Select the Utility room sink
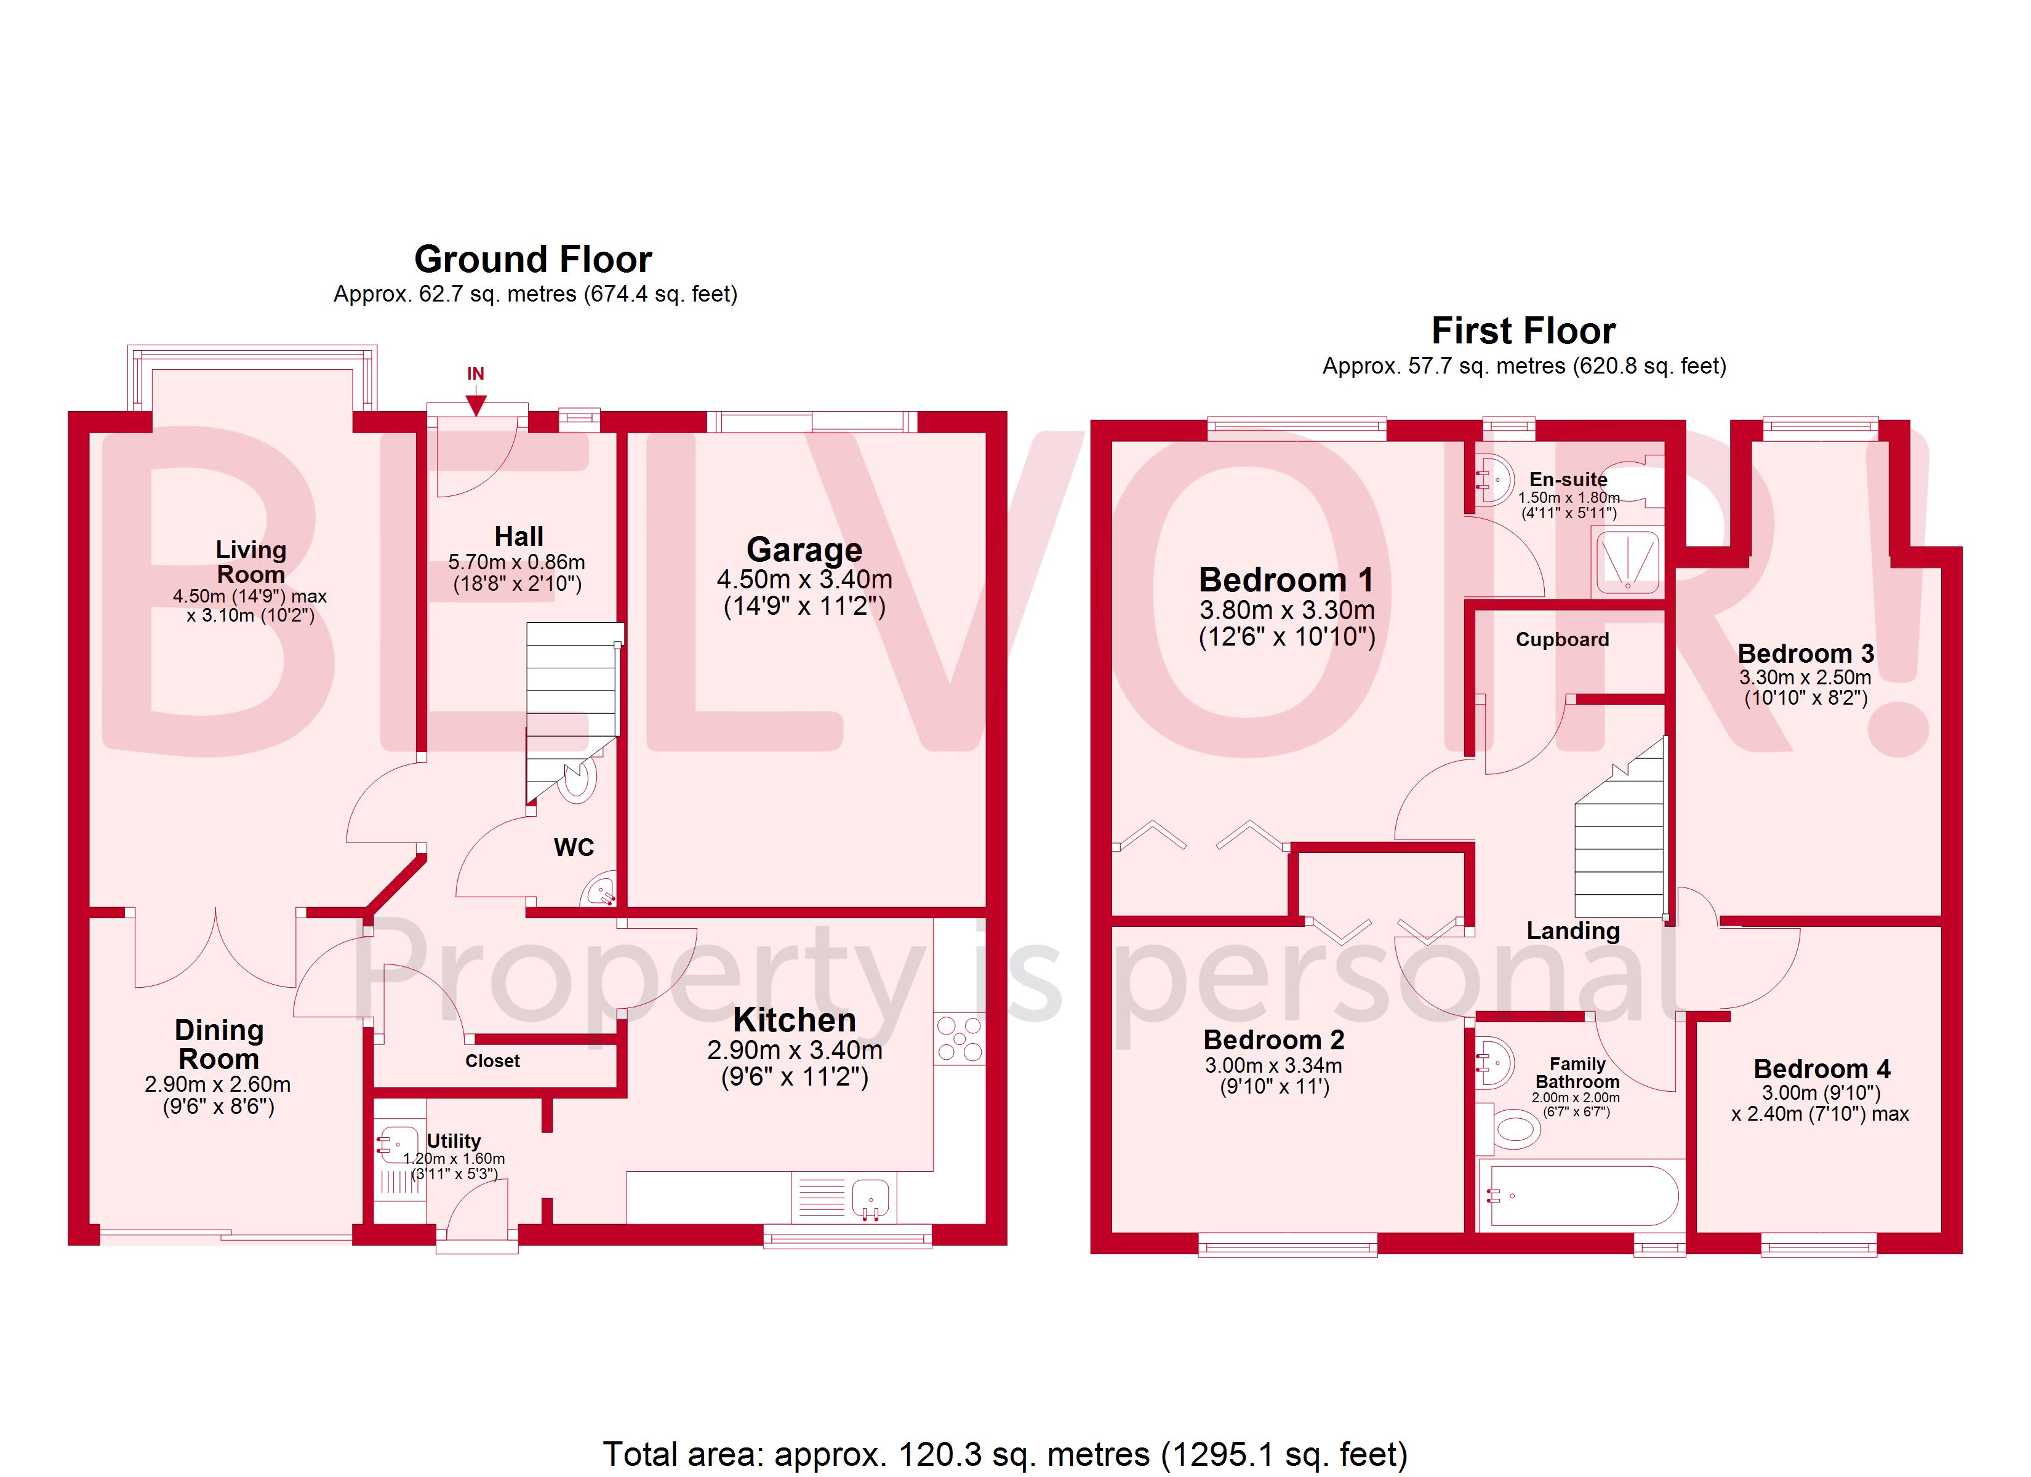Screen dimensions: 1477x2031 pyautogui.click(x=397, y=1144)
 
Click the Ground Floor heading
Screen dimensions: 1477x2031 pyautogui.click(x=533, y=260)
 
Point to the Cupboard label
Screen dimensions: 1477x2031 pyautogui.click(x=1562, y=639)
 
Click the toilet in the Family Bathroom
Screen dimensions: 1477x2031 pyautogui.click(x=1513, y=1129)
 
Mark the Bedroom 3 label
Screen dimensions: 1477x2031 pyautogui.click(x=1805, y=654)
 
